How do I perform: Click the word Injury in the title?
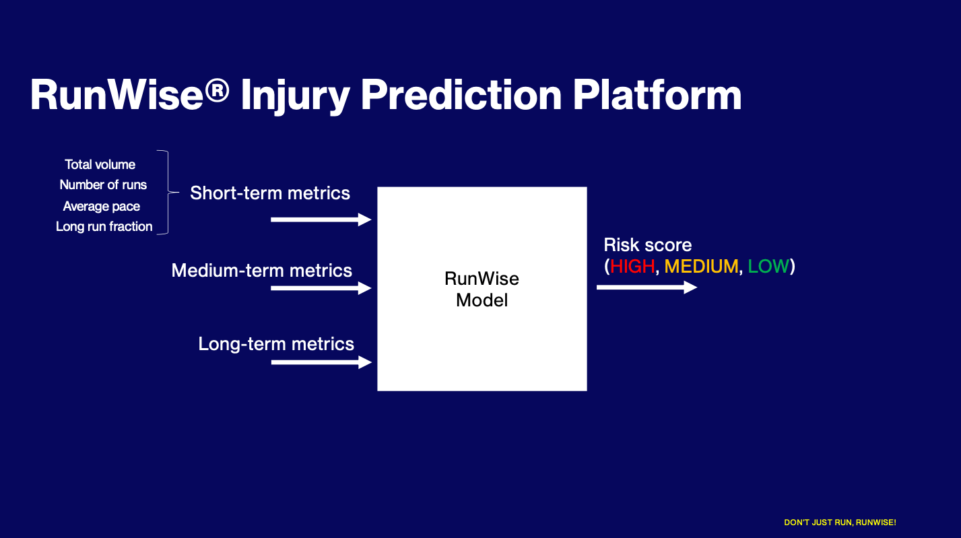[295, 96]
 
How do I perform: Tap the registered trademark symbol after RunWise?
[217, 90]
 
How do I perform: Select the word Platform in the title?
[657, 95]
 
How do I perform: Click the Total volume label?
[100, 164]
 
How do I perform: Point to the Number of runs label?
[103, 185]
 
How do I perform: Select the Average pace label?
[102, 206]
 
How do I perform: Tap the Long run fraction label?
[104, 226]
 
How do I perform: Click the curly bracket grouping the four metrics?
[168, 192]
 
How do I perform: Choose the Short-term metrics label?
[270, 193]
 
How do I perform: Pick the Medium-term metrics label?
[262, 271]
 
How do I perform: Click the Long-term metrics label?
[276, 344]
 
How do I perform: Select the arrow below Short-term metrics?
[321, 220]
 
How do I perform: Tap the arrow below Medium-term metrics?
[321, 288]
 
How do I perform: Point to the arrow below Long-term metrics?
[321, 362]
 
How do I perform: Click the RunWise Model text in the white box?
[482, 290]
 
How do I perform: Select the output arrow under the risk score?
[647, 288]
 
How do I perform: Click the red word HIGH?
[632, 267]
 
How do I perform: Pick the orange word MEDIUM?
[702, 267]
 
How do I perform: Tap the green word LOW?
[768, 267]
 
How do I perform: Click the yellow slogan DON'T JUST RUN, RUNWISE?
[840, 523]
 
